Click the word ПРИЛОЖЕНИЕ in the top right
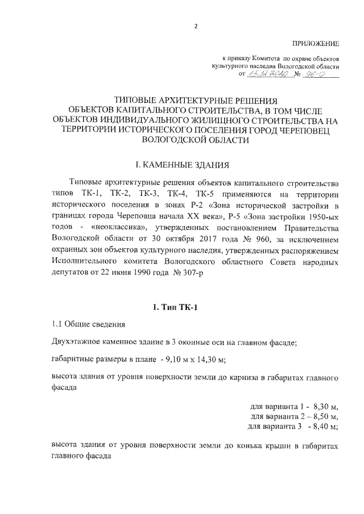[316, 44]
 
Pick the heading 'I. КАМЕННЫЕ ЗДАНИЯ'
[182, 165]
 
